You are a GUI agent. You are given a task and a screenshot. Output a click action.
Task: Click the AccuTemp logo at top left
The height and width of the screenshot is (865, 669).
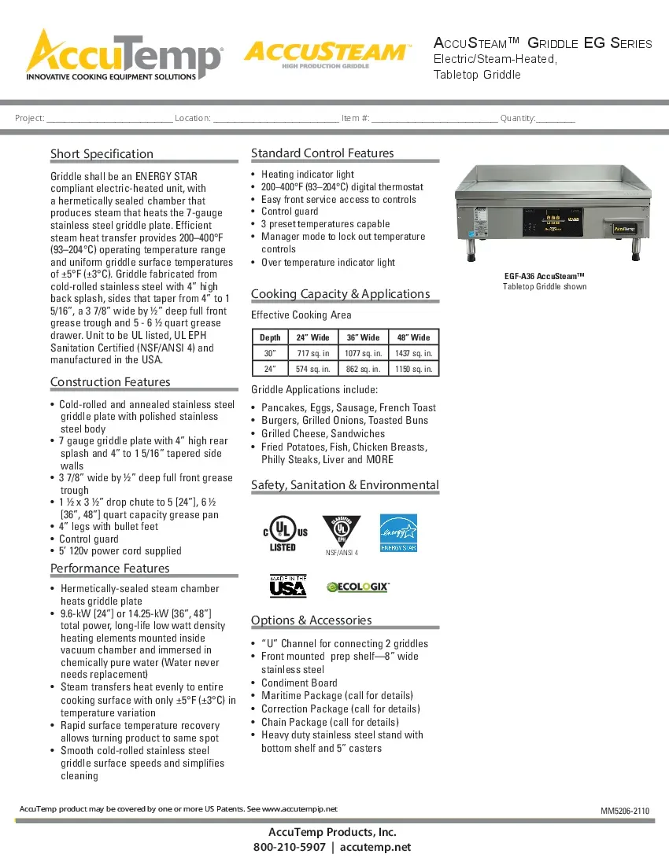(x=124, y=55)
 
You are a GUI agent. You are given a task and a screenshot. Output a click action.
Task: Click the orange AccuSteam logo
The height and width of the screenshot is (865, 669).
(x=327, y=53)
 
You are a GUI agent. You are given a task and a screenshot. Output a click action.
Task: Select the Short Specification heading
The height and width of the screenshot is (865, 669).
(x=102, y=154)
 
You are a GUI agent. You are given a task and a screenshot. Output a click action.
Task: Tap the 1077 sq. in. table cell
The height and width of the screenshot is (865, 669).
(x=363, y=353)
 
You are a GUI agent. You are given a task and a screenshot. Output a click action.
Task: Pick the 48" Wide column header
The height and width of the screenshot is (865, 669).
(x=414, y=337)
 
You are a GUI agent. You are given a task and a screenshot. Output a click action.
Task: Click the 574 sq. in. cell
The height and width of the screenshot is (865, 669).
(x=312, y=369)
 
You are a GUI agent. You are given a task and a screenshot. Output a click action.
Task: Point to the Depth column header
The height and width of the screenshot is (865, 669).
(x=270, y=337)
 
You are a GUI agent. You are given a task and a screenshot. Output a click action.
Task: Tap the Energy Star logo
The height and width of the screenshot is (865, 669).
(x=398, y=532)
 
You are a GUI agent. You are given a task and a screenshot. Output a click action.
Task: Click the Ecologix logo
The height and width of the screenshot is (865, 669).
(x=358, y=587)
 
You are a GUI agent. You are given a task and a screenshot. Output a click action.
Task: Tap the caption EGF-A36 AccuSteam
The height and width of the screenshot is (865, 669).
(x=545, y=276)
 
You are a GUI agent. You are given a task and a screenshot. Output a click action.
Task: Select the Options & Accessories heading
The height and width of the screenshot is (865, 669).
(x=311, y=620)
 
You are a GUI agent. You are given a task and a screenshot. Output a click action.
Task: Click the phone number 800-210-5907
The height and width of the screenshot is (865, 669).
(x=289, y=847)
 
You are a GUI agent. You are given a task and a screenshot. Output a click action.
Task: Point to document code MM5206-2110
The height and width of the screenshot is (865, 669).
(x=625, y=811)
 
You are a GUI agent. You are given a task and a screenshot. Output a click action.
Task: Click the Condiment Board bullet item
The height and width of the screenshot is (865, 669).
(x=299, y=683)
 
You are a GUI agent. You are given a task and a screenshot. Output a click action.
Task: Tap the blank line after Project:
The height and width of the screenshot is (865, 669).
(x=109, y=119)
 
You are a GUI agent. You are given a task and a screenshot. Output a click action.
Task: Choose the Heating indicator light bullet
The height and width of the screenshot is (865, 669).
(x=308, y=174)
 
